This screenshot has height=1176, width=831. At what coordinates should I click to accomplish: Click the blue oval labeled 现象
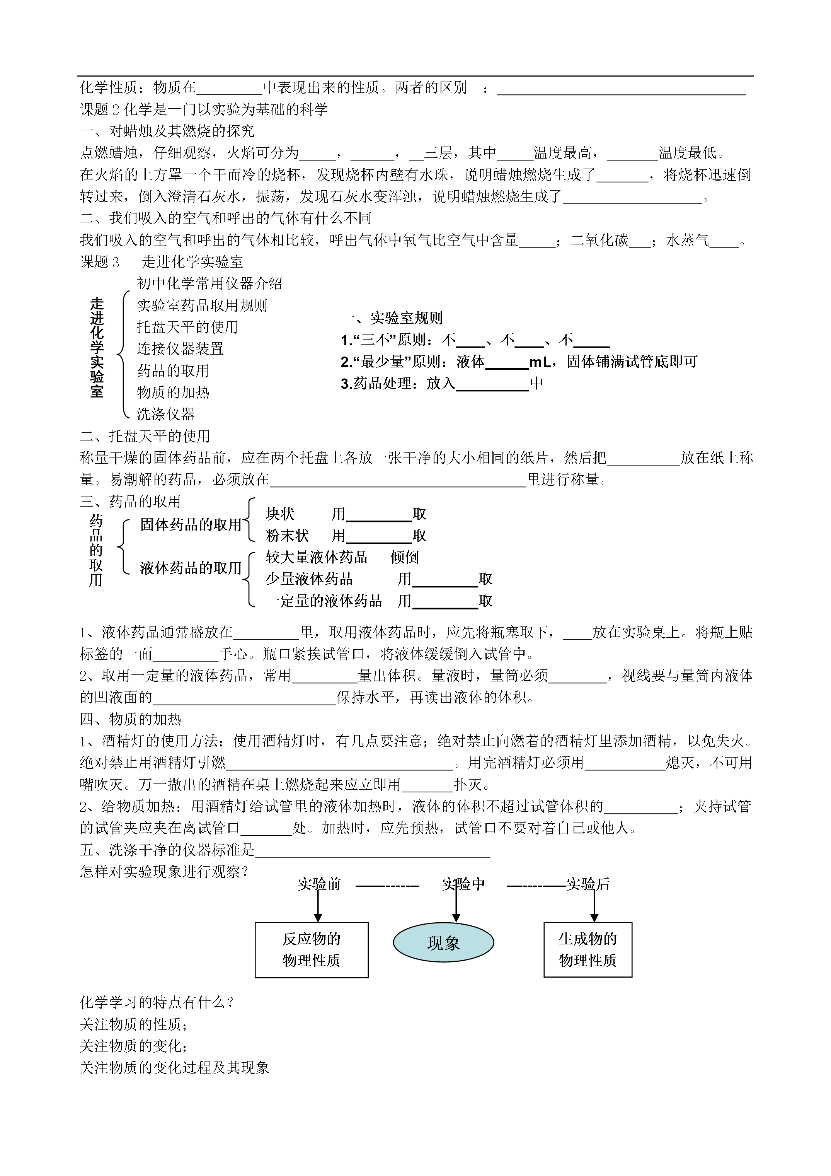pos(443,942)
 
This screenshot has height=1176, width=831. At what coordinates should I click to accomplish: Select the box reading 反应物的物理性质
pos(311,950)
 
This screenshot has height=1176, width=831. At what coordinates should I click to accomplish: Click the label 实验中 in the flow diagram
pos(463,884)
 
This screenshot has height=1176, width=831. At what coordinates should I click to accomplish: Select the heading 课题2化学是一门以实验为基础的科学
pos(204,109)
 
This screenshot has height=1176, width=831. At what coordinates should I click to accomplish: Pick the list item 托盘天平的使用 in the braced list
pos(187,327)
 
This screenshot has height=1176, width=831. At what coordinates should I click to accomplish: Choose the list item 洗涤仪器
pos(166,414)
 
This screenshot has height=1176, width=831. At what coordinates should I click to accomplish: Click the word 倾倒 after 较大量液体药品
pos(405,557)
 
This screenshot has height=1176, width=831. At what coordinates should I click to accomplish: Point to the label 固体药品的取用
pos(191,524)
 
